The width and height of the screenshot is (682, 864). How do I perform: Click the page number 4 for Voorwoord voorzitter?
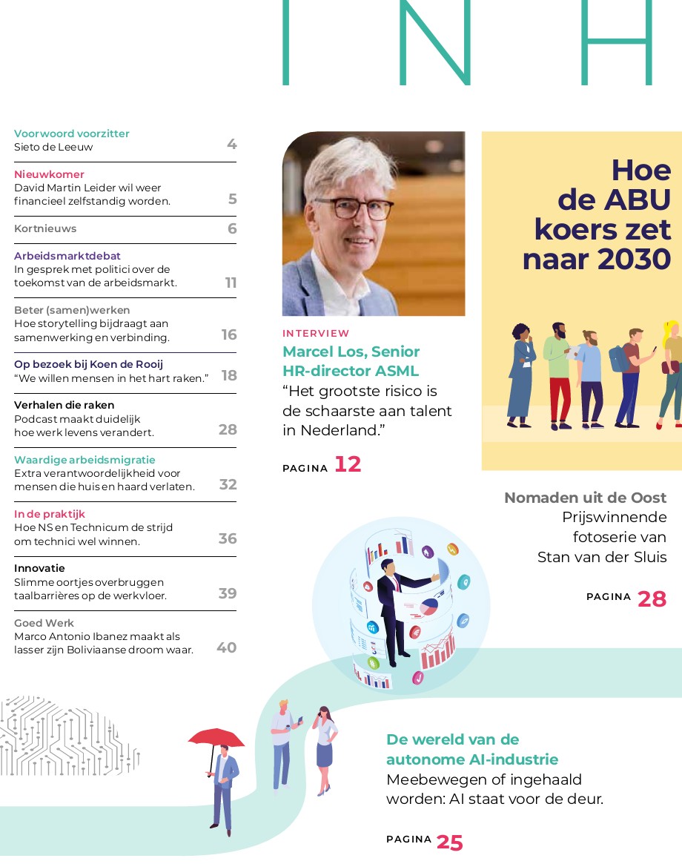pos(231,144)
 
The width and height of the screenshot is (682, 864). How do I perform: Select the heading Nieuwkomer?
pos(49,174)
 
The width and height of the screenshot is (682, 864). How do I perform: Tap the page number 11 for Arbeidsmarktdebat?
pos(231,283)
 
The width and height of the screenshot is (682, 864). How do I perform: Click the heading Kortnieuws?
pos(45,228)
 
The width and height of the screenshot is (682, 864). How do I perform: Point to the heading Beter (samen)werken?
pos(72,310)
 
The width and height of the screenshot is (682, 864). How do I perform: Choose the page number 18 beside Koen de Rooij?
pos(229,375)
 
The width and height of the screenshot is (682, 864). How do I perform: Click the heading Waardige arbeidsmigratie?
pos(85,460)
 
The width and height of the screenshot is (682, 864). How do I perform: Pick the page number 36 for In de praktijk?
pos(228,538)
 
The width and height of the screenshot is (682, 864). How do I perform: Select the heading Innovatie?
pos(39,569)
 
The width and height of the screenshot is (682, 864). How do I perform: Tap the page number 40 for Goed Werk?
pos(227,647)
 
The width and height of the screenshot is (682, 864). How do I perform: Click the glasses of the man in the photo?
pos(353,208)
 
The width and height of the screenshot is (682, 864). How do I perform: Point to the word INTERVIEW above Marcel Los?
pos(316,334)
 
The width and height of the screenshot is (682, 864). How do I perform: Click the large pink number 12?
pos(348,464)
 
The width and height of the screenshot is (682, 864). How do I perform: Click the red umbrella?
pos(216,737)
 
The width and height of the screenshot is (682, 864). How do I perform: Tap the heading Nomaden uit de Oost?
pos(585,498)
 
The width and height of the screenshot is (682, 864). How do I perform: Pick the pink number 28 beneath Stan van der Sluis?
pos(652,598)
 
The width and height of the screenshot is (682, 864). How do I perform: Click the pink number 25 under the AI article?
pos(449,842)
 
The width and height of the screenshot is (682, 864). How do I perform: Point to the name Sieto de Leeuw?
pos(53,147)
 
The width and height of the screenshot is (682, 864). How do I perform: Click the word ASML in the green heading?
pos(397,371)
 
